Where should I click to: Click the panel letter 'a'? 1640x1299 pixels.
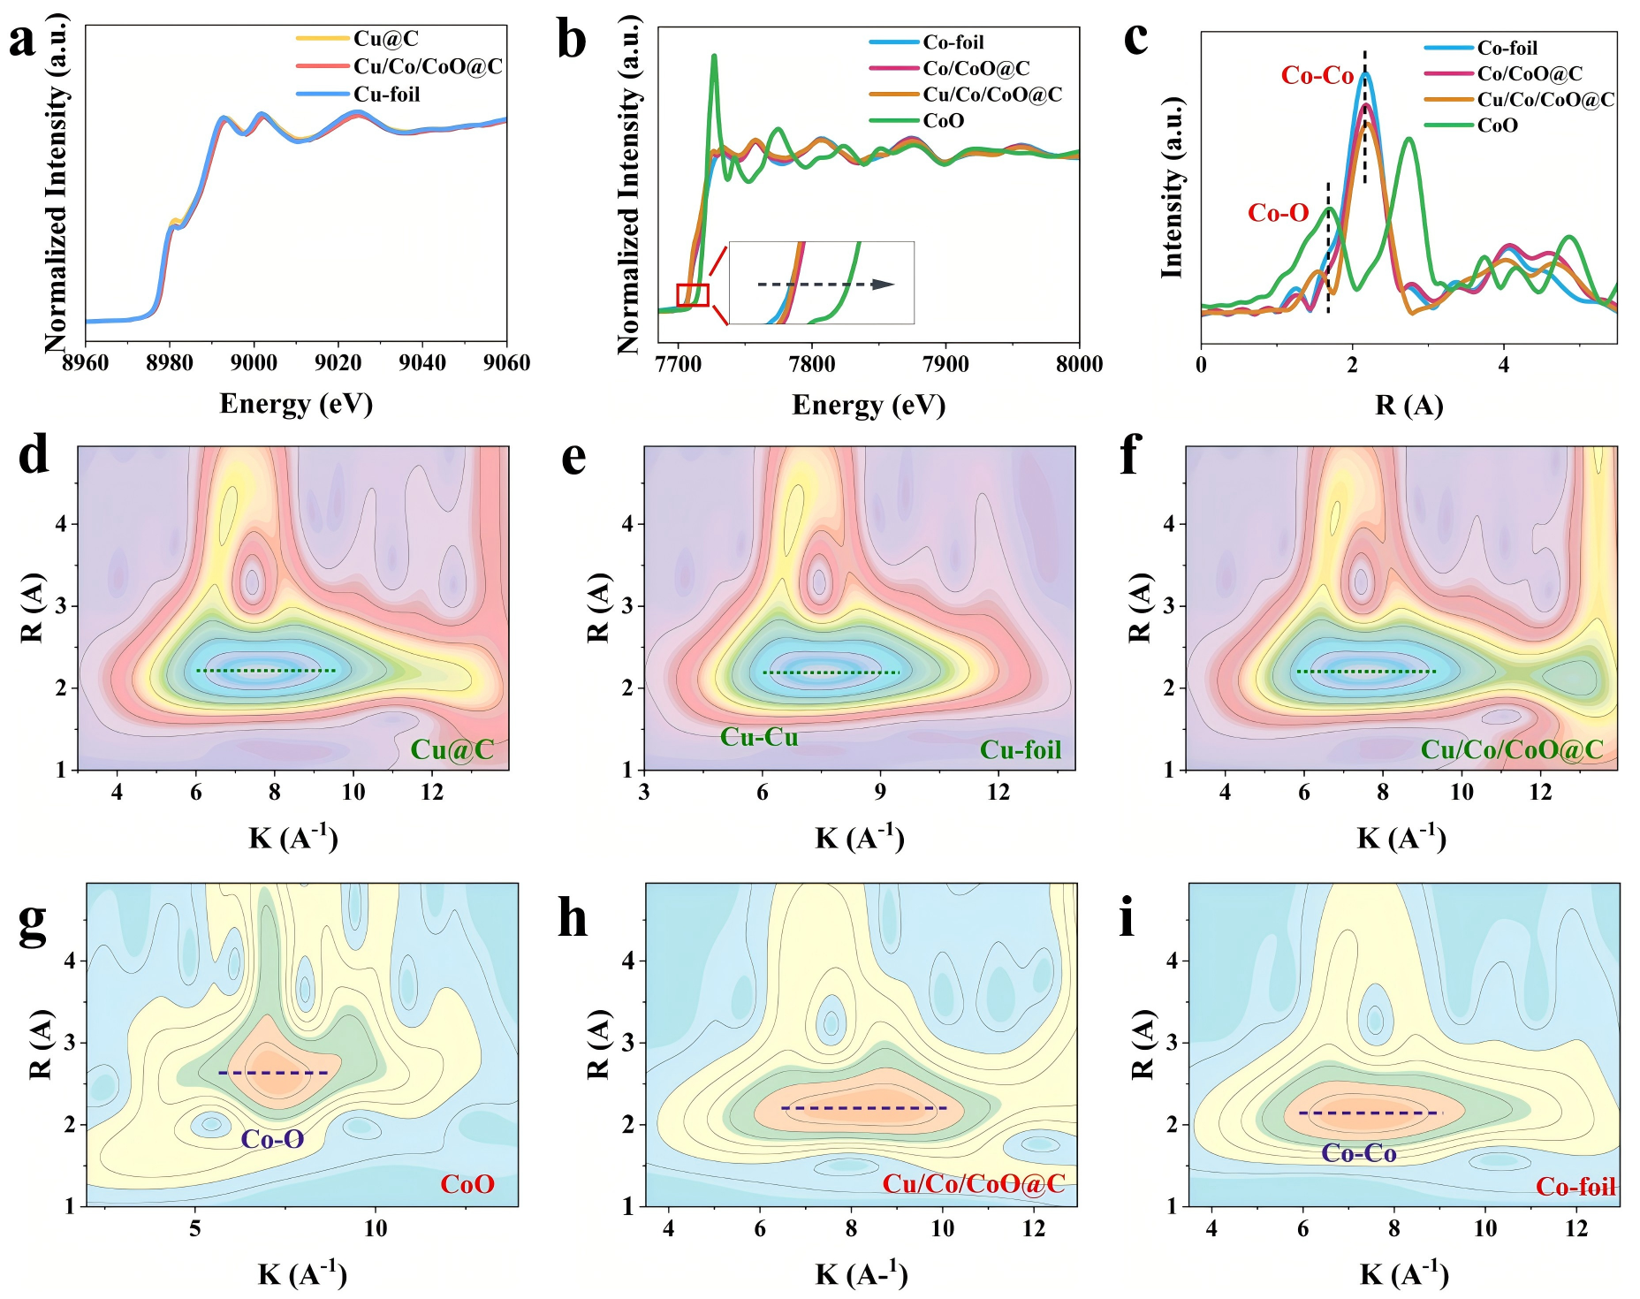pyautogui.click(x=22, y=40)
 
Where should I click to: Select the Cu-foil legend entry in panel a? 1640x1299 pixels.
pyautogui.click(x=386, y=95)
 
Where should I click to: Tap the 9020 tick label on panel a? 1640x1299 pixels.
pyautogui.click(x=338, y=363)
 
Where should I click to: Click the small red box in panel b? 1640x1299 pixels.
pyautogui.click(x=693, y=295)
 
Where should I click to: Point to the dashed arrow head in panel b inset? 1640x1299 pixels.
pyautogui.click(x=884, y=285)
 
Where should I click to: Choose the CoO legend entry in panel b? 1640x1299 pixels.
pyautogui.click(x=943, y=121)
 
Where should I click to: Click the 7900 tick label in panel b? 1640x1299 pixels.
pyautogui.click(x=945, y=365)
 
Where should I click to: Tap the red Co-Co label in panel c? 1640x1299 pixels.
pyautogui.click(x=1317, y=76)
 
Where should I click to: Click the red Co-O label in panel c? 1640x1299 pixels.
pyautogui.click(x=1278, y=213)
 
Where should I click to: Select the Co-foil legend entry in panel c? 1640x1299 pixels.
pyautogui.click(x=1507, y=49)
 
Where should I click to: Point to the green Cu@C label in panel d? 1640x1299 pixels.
pyautogui.click(x=452, y=750)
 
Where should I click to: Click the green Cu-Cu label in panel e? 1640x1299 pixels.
pyautogui.click(x=759, y=737)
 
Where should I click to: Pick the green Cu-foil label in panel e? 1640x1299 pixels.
pyautogui.click(x=1020, y=750)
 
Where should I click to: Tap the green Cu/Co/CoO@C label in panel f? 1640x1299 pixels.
pyautogui.click(x=1511, y=750)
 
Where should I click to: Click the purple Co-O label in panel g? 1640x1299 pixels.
pyautogui.click(x=272, y=1139)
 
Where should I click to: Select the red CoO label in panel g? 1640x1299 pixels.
pyautogui.click(x=467, y=1184)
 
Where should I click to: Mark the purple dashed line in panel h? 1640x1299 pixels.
pyautogui.click(x=863, y=1108)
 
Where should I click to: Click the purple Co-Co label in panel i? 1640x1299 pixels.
pyautogui.click(x=1358, y=1153)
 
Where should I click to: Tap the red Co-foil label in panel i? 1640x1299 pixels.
pyautogui.click(x=1575, y=1187)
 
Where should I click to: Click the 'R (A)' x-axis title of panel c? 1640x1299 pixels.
pyautogui.click(x=1408, y=406)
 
